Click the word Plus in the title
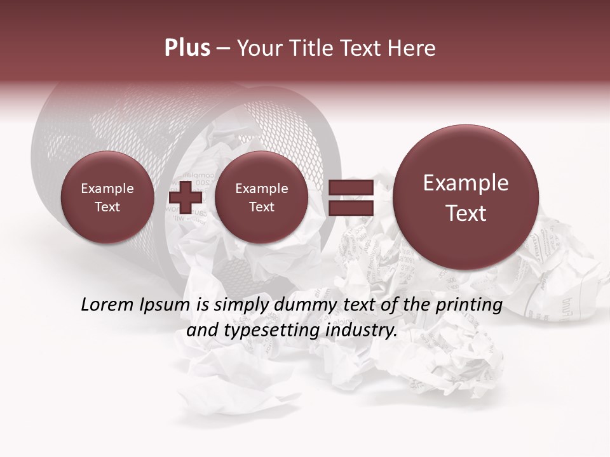(x=187, y=48)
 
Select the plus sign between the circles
(x=185, y=197)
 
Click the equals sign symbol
(x=350, y=197)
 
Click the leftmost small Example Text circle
(x=107, y=197)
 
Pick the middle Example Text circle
(x=261, y=197)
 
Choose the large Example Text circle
(x=466, y=197)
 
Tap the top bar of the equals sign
(x=350, y=187)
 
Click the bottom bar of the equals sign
(x=350, y=208)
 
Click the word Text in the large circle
(x=466, y=213)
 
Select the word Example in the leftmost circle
(x=107, y=189)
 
